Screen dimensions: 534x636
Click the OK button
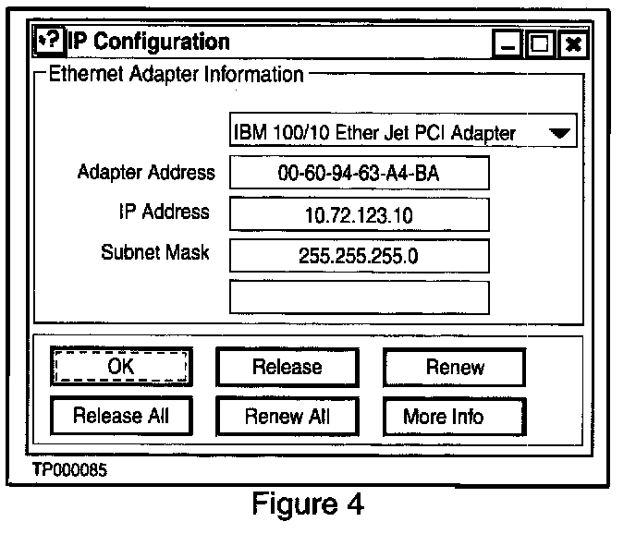tap(121, 367)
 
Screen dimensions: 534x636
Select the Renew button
tap(454, 367)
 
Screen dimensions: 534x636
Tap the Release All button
tap(121, 416)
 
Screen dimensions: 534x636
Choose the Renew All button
tap(287, 416)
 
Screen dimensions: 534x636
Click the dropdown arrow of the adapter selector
tap(559, 132)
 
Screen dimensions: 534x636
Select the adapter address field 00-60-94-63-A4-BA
tap(358, 173)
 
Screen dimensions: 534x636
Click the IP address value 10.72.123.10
tap(358, 214)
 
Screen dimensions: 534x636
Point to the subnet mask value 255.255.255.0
tap(358, 255)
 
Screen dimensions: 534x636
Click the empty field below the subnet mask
tap(358, 297)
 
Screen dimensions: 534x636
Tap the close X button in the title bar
tap(573, 43)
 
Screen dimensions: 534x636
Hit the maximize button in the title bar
tap(541, 43)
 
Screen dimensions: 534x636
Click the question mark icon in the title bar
tap(49, 41)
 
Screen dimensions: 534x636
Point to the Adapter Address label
tap(146, 173)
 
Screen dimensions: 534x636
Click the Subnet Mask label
tap(155, 252)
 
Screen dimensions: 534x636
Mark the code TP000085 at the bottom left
tap(70, 470)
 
